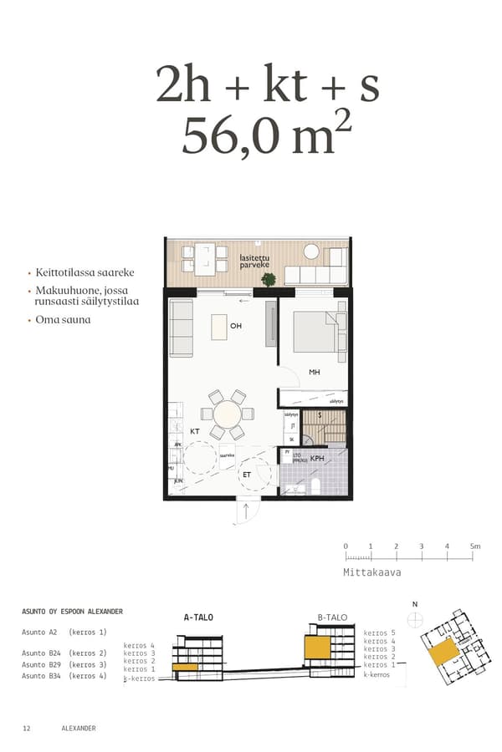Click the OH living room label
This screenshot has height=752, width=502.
236,326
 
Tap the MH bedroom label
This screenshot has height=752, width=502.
315,373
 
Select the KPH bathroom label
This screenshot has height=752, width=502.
317,459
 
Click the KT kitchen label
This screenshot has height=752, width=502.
194,431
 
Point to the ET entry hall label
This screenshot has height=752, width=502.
247,474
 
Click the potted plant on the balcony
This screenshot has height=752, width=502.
269,280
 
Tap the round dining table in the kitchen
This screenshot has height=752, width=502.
228,414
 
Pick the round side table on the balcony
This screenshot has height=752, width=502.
311,251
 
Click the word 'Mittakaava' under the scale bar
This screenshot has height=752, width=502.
372,573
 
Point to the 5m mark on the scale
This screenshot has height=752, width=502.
474,546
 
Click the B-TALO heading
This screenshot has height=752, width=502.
331,617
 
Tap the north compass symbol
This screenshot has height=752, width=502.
414,618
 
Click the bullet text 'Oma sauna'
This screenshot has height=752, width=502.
63,319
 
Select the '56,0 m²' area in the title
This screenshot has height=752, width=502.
267,135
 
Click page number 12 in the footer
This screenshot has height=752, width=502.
27,729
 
